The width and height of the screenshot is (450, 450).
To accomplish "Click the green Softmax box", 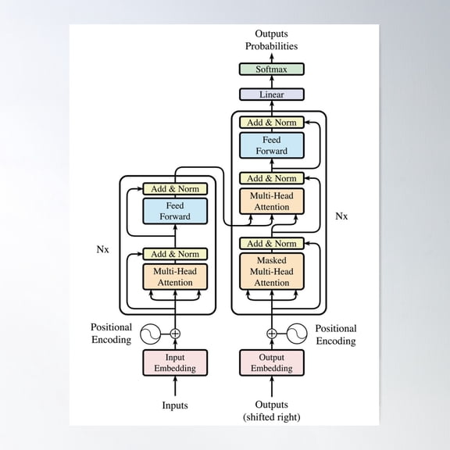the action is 272,70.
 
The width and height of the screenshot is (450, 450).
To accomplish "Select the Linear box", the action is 272,95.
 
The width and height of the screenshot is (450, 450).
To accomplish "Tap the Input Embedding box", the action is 175,362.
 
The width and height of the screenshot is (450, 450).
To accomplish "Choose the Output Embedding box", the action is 272,362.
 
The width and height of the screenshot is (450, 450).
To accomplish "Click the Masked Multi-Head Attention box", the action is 272,271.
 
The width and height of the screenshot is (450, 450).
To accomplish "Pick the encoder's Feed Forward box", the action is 175,211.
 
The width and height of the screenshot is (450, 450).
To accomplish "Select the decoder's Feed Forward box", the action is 272,145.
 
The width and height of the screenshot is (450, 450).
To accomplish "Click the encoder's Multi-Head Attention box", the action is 175,277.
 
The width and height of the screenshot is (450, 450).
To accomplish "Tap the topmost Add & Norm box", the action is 272,122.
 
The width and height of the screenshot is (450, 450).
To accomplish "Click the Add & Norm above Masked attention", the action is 272,244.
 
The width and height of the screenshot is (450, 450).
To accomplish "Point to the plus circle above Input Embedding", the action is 175,334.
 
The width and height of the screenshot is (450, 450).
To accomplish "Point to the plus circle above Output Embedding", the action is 272,334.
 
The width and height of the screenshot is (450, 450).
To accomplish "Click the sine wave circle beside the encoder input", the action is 150,334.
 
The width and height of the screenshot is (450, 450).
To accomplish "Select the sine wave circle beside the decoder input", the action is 297,334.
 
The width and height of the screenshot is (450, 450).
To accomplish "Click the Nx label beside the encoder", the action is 103,249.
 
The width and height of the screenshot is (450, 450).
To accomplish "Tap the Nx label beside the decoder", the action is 341,216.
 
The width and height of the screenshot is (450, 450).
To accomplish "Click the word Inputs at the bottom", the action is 175,405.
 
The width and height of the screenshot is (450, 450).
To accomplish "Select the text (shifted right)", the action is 272,417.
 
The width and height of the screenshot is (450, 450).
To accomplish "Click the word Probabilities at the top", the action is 272,46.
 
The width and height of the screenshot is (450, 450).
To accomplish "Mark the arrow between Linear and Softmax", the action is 272,82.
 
